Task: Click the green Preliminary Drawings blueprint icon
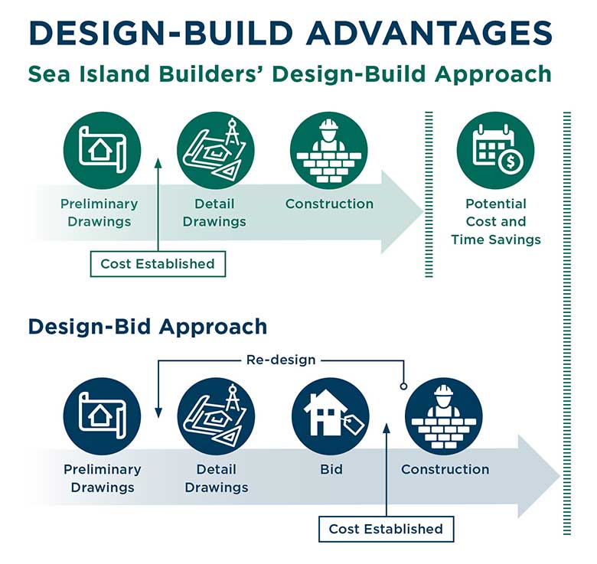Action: tap(101, 149)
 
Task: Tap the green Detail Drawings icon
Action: tap(215, 149)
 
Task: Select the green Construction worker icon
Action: tap(329, 149)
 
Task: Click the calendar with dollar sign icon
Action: tap(495, 149)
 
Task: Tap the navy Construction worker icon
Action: tap(444, 416)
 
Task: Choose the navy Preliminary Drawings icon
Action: tap(102, 416)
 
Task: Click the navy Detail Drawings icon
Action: tap(217, 416)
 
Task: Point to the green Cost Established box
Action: tap(158, 264)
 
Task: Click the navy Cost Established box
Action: tap(386, 529)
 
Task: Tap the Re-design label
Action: tap(281, 359)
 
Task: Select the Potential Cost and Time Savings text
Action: tap(495, 222)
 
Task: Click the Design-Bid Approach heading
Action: tap(148, 327)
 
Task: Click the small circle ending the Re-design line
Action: tap(404, 386)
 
